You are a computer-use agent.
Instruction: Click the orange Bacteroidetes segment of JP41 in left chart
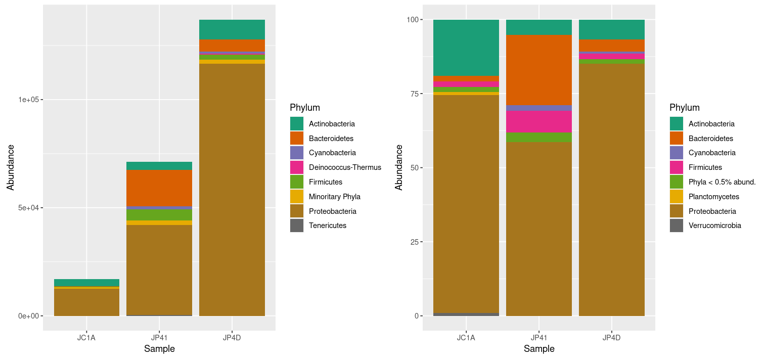[159, 188]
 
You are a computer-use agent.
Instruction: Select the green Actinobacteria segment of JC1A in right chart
[466, 48]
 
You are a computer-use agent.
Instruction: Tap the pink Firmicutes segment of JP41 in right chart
[539, 121]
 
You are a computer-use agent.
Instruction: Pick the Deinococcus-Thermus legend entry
[345, 167]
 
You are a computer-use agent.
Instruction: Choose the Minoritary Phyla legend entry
[334, 197]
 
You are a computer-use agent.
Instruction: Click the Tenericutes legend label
[327, 226]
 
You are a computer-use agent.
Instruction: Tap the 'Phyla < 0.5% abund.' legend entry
[722, 182]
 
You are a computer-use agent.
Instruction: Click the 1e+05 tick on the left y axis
[28, 100]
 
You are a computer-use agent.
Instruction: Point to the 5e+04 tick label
[28, 208]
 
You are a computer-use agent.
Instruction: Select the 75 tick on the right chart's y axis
[414, 94]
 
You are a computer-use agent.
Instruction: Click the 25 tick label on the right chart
[414, 242]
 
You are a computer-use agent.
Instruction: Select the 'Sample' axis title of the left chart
[159, 349]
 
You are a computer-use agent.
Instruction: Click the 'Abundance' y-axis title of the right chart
[399, 167]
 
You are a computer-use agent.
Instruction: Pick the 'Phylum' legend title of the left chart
[305, 108]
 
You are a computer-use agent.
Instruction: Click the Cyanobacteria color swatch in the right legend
[676, 153]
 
